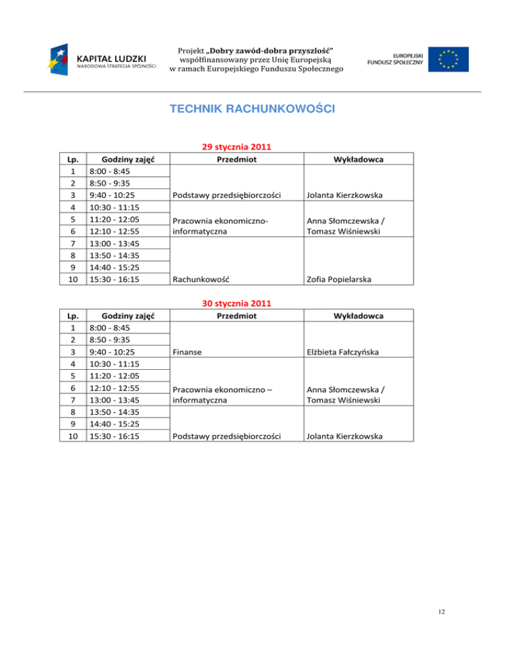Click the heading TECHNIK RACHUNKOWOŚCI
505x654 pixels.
[x=252, y=109]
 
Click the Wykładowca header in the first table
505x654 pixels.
[x=359, y=159]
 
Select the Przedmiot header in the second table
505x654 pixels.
[x=236, y=316]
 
